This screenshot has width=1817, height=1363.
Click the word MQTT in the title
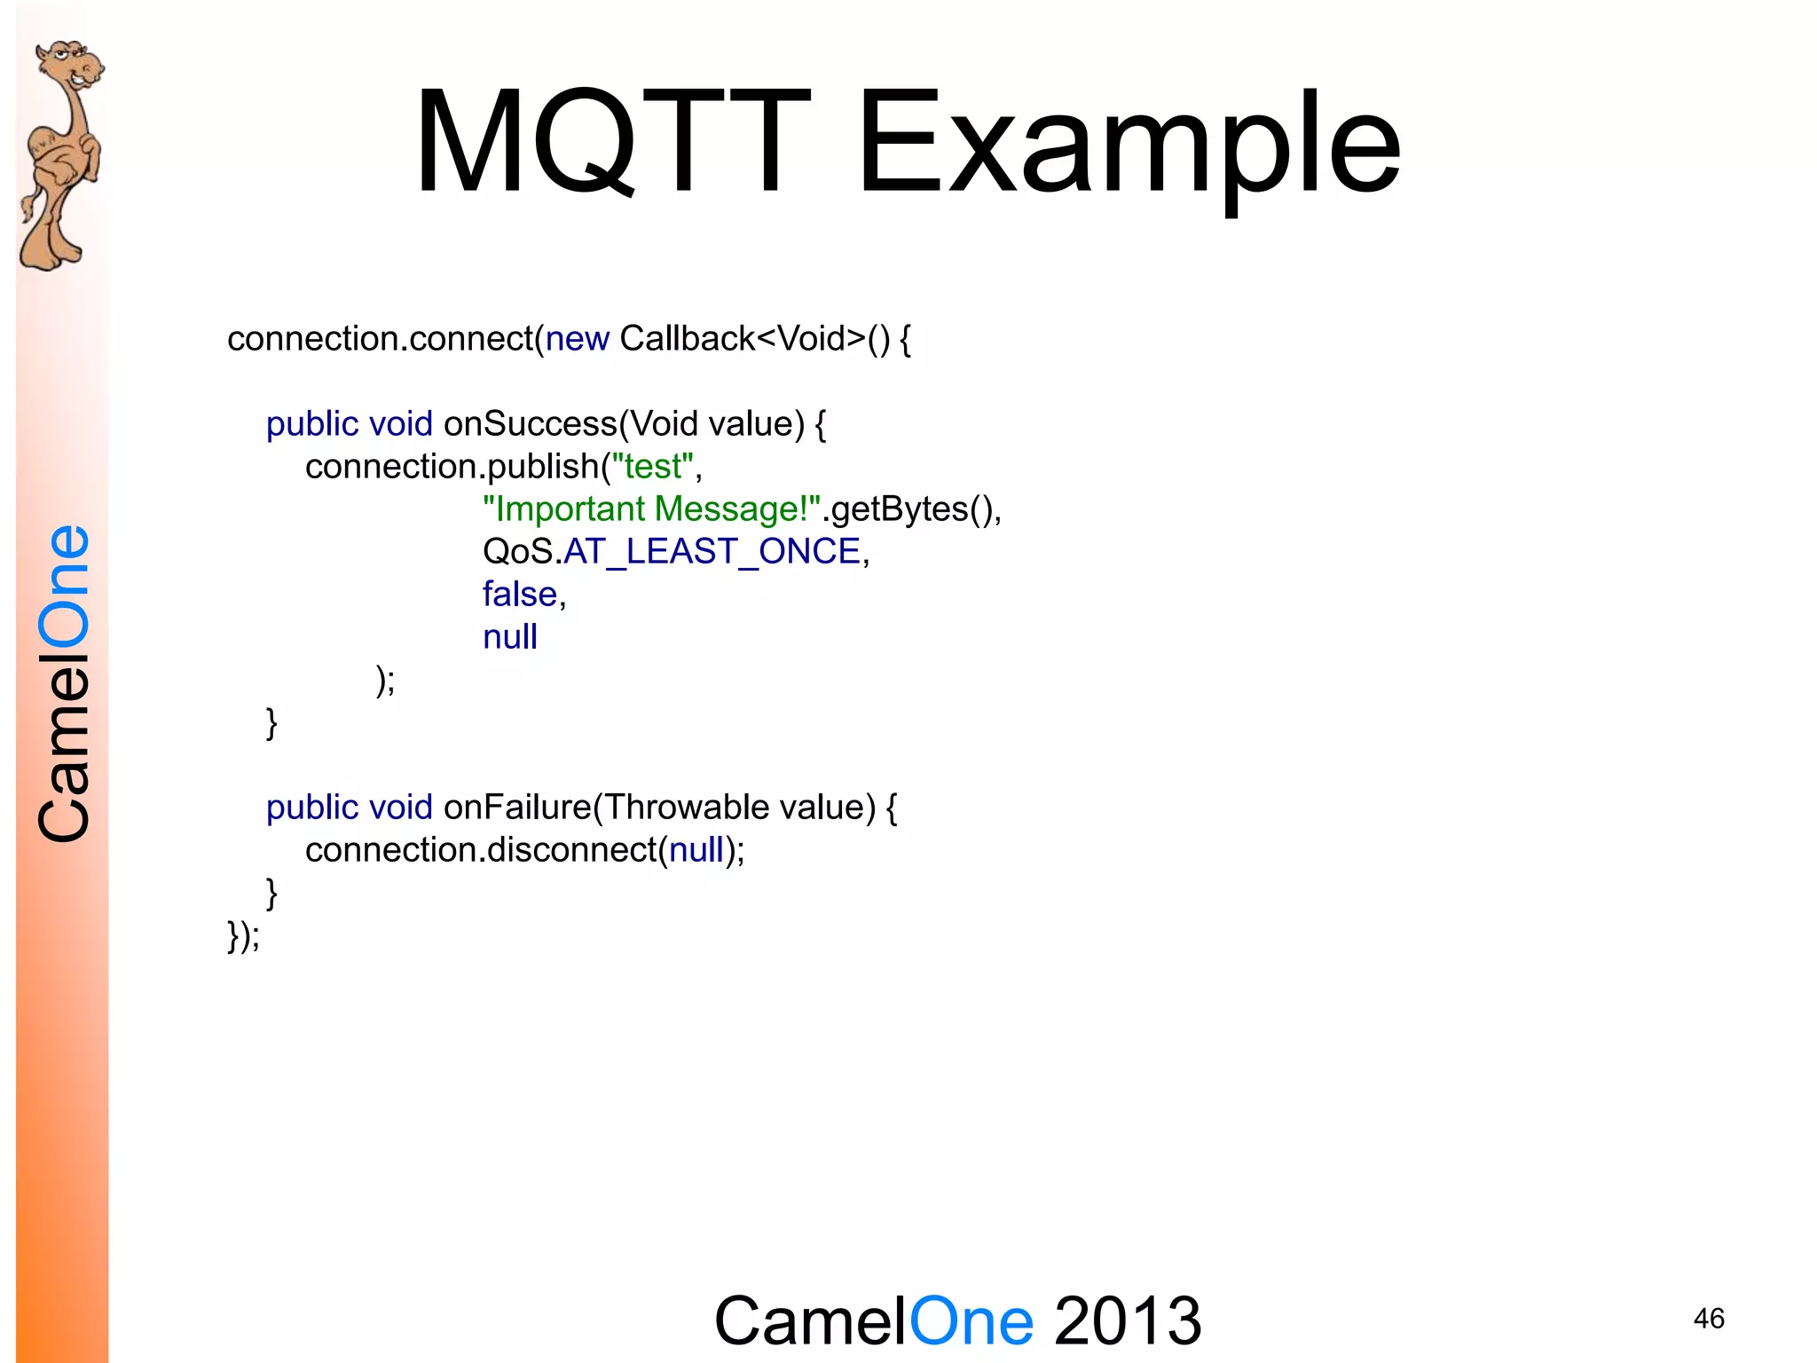click(612, 142)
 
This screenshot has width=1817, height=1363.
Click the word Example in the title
click(1129, 146)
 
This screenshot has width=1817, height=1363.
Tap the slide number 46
click(1708, 1319)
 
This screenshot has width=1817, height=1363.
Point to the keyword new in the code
click(577, 339)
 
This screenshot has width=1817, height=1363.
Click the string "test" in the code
click(653, 467)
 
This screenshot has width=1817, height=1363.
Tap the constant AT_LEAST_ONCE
click(712, 552)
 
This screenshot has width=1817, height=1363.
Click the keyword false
click(520, 595)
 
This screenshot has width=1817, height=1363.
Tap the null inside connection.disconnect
click(696, 850)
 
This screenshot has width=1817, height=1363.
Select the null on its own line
click(510, 637)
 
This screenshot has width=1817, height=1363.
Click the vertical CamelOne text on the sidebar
click(64, 683)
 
